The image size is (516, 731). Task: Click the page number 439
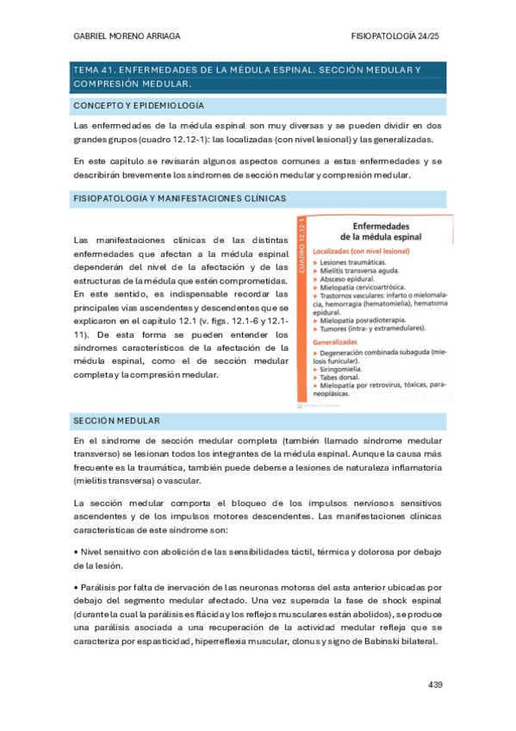(x=434, y=685)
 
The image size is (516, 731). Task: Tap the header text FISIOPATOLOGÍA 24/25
(x=397, y=37)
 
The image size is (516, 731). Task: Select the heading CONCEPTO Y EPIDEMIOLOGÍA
(x=139, y=105)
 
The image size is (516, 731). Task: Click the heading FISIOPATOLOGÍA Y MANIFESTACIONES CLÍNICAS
(x=180, y=198)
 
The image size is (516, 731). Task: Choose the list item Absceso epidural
(x=348, y=279)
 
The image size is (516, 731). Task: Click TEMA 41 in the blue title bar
(x=93, y=69)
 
